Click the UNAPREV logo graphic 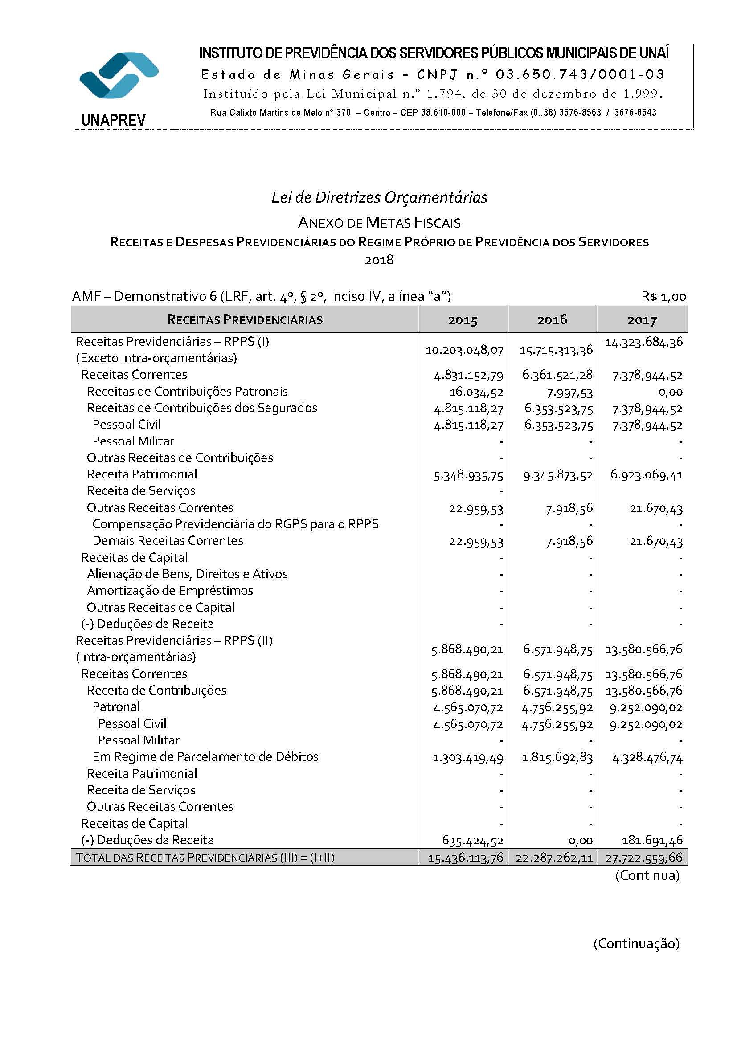pos(119,75)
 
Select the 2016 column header pos(552,319)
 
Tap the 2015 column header pos(463,320)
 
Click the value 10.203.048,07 pos(464,350)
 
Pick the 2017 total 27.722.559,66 pos(643,858)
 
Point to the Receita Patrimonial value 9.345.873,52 pos(558,475)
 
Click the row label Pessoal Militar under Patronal pos(139,740)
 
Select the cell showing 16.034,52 pos(476,392)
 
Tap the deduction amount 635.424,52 pos(472,841)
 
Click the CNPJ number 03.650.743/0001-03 pos(580,74)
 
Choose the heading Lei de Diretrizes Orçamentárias pos(379,197)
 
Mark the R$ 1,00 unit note pos(663,297)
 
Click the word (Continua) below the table pos(647,875)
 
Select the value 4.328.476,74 pos(647,757)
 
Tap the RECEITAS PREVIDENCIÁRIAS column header pos(245,319)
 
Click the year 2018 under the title pos(379,260)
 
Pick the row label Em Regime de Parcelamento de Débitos pos(205,756)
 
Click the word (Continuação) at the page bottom pos(636,944)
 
